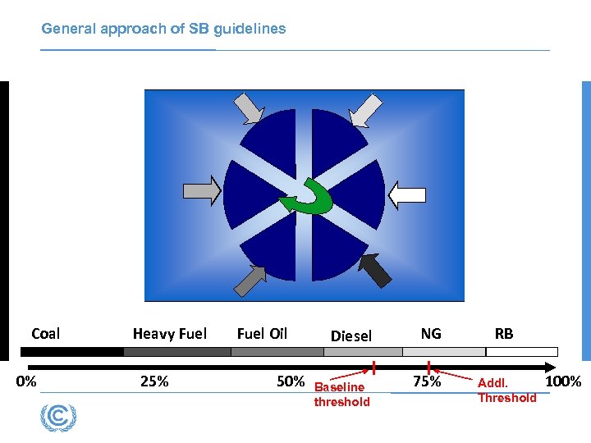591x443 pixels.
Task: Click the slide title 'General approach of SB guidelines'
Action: (x=163, y=29)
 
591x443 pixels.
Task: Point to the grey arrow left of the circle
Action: (x=202, y=191)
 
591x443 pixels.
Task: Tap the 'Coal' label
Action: (x=46, y=333)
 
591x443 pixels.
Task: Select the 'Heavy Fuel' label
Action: (x=170, y=333)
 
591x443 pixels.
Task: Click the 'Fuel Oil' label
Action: (x=262, y=333)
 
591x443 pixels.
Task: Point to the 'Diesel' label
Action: (x=351, y=336)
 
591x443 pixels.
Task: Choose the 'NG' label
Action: (x=431, y=333)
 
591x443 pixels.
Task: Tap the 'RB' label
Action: (x=504, y=333)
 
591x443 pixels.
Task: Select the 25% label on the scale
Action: (x=154, y=381)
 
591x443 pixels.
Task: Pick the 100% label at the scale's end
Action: (x=563, y=381)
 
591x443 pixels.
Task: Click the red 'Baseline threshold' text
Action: (x=341, y=394)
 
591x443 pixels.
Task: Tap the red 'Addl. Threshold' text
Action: (x=506, y=390)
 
